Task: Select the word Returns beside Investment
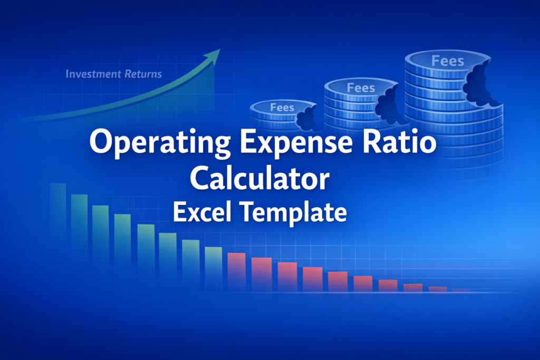[142, 74]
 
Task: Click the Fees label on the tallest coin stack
[448, 61]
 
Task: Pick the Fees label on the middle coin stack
[361, 87]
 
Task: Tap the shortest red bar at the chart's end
[462, 290]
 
